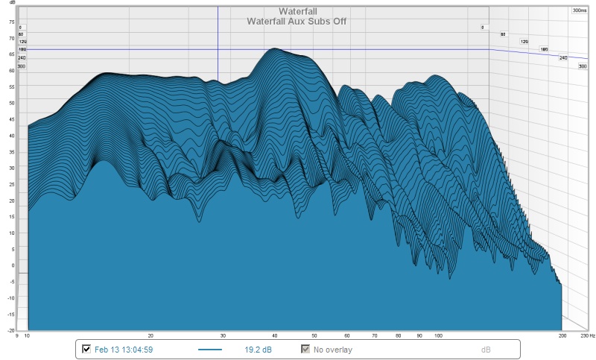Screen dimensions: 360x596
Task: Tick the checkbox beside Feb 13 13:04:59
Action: (x=86, y=349)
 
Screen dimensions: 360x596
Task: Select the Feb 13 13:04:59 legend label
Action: (x=124, y=349)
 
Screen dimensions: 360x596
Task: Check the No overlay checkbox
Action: (x=305, y=349)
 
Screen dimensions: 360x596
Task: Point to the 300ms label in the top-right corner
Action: (x=580, y=10)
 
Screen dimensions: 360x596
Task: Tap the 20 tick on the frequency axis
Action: (x=150, y=336)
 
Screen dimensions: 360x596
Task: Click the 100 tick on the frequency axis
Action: (x=439, y=336)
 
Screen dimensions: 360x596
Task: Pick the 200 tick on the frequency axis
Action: (x=562, y=336)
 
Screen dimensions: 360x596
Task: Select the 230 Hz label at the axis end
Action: (x=587, y=336)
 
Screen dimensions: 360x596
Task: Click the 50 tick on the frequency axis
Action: (x=315, y=336)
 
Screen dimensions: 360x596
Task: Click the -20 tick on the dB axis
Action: (x=10, y=329)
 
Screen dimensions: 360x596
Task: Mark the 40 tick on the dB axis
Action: (x=11, y=135)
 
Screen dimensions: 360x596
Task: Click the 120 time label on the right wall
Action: (x=524, y=42)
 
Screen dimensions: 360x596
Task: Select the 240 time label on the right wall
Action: (x=563, y=57)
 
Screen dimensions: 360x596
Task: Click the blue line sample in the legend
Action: (x=211, y=349)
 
